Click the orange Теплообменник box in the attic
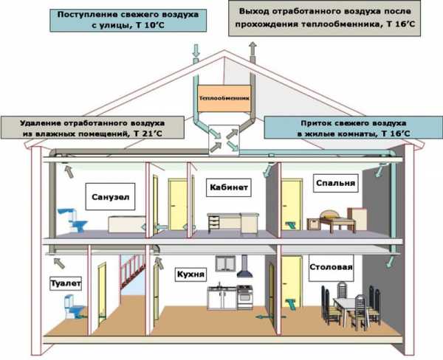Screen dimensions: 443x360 224,98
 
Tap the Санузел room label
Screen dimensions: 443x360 110,196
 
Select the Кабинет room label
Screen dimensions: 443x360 229,187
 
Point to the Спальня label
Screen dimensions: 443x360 336,183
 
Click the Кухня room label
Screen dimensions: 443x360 190,274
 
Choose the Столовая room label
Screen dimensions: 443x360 331,268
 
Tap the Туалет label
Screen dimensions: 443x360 66,283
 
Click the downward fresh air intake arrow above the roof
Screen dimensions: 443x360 196,51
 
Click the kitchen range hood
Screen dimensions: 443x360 244,266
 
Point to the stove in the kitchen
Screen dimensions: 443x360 244,297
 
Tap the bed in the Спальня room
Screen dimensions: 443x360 334,221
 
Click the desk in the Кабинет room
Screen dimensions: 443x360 233,223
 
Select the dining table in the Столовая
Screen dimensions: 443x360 349,309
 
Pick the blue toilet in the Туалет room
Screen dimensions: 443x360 74,307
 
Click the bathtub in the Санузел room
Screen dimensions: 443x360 127,224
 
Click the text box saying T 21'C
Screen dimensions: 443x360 92,128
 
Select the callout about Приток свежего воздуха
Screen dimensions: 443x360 353,128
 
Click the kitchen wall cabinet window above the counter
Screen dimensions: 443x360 225,263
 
